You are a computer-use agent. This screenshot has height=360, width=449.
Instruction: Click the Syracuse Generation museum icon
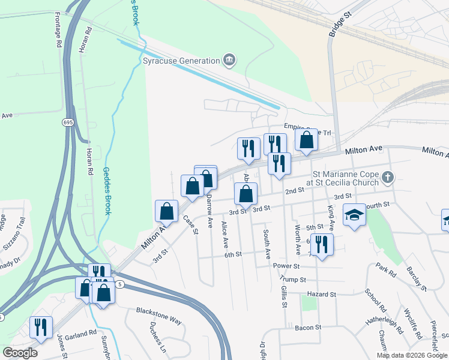pos(229,60)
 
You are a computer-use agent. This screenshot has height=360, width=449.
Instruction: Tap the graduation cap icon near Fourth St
pos(354,215)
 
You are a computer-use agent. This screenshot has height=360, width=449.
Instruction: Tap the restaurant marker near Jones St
pos(41,327)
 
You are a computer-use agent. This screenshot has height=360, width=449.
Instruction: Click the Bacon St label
pos(309,328)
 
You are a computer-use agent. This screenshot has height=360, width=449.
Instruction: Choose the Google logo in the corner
pos(20,352)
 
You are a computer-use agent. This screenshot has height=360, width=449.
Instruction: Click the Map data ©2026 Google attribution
pos(412,355)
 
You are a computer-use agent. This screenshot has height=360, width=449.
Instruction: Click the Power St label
pos(286,266)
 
